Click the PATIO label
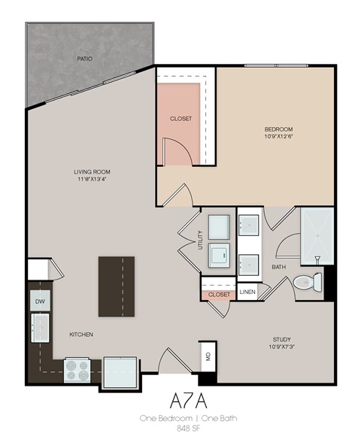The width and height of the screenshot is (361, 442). point(84,58)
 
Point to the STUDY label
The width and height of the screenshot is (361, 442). point(281,339)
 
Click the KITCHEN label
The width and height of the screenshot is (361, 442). point(81,335)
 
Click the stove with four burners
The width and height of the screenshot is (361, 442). point(77,368)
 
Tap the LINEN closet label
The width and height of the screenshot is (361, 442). point(247,291)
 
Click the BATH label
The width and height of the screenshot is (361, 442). point(278,267)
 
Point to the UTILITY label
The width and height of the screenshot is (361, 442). point(199,239)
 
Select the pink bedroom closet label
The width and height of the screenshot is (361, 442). point(180,119)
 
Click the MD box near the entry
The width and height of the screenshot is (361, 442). point(207,354)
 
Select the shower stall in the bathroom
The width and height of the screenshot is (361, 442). point(316,235)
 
